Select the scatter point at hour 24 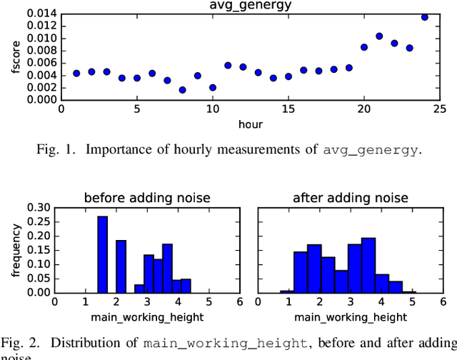pos(425,17)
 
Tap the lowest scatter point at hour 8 pos(183,90)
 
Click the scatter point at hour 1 pos(76,73)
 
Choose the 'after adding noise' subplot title pos(351,198)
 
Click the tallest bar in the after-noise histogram pos(368,264)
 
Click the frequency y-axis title pos(8,250)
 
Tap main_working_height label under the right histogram pos(351,316)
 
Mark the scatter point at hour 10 pos(213,87)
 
